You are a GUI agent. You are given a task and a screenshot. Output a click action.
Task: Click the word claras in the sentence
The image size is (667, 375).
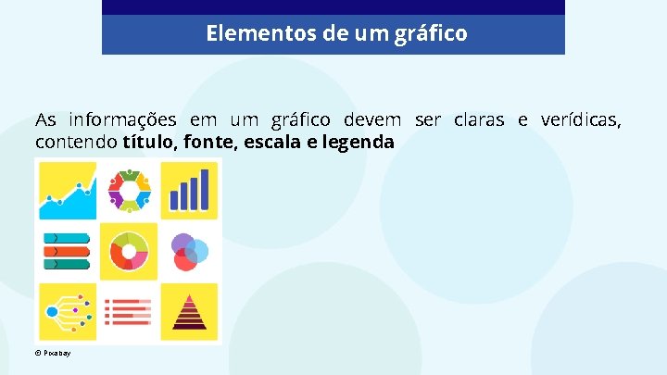(479, 120)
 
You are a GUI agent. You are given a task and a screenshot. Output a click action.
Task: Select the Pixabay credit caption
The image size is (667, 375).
(53, 354)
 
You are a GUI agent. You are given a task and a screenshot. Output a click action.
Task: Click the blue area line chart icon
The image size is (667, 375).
(67, 192)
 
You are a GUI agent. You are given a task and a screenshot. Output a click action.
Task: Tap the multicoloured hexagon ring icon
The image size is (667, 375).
(129, 190)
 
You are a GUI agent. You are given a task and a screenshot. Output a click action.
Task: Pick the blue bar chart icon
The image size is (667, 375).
(189, 190)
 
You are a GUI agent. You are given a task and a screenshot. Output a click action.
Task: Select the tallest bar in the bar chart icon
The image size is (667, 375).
(205, 189)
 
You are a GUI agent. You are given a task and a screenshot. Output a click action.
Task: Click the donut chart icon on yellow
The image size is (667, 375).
(129, 250)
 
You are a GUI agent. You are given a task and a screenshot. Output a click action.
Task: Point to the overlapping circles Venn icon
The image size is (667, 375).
(189, 250)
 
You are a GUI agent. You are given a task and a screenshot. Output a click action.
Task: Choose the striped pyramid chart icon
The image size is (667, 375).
(189, 312)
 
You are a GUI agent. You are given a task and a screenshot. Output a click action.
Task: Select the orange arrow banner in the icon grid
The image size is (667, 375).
(67, 250)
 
